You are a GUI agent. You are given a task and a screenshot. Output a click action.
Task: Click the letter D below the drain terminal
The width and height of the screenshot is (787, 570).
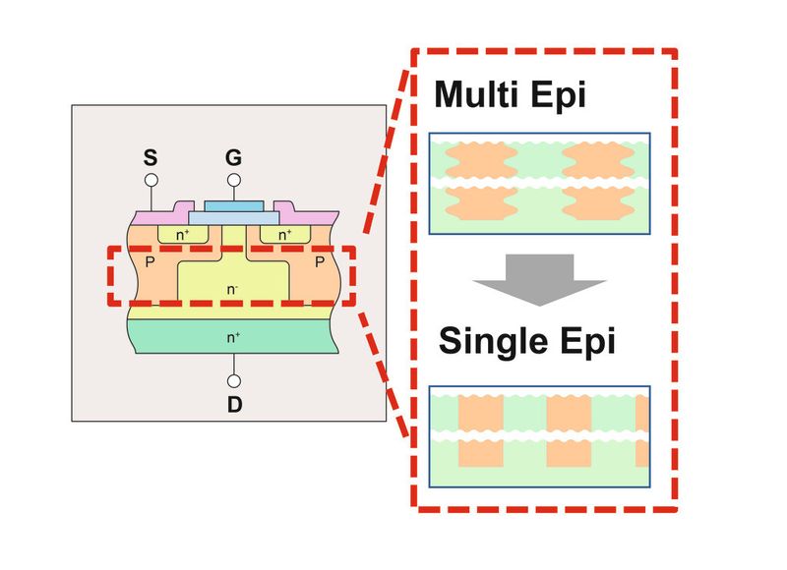234,404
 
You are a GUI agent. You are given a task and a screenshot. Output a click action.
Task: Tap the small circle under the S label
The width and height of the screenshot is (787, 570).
151,180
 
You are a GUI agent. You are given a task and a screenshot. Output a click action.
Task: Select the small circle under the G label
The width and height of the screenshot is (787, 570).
234,180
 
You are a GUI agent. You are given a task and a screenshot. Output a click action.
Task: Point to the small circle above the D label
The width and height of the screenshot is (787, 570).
234,380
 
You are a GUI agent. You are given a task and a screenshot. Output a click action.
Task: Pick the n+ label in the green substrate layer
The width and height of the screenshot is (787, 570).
234,337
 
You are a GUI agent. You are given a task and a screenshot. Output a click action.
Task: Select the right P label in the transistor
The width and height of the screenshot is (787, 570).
321,263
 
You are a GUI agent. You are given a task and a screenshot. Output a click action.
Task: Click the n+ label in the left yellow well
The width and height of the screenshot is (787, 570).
184,235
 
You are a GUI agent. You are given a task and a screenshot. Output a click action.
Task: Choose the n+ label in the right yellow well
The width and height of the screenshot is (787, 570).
284,235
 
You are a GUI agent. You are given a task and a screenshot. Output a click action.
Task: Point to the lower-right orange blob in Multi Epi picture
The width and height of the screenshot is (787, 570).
592,203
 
